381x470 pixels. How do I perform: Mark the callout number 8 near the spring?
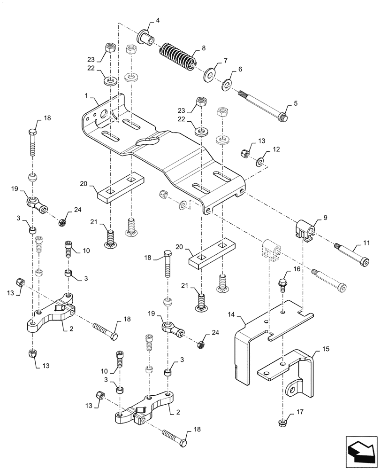click(203, 47)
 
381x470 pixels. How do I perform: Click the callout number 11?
click(367, 243)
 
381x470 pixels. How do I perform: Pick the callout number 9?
click(325, 218)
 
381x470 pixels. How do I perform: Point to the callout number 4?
click(158, 20)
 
